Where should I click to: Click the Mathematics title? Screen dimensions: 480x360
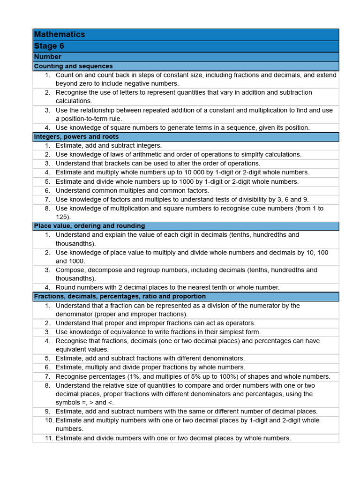pyautogui.click(x=60, y=34)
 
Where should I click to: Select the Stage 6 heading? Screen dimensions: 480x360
pyautogui.click(x=49, y=46)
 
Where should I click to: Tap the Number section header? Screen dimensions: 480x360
pyautogui.click(x=48, y=57)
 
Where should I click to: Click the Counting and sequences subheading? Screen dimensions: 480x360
pyautogui.click(x=73, y=66)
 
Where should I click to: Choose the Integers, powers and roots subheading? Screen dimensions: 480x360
pyautogui.click(x=76, y=136)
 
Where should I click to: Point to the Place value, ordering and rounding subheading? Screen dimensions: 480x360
pyautogui.click(x=89, y=226)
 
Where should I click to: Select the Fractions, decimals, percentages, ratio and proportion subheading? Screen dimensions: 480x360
pyautogui.click(x=120, y=296)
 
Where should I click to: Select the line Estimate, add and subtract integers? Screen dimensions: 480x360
pyautogui.click(x=109, y=146)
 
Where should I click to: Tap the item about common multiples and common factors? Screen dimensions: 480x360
pyautogui.click(x=132, y=190)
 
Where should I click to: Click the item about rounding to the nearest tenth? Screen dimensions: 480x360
pyautogui.click(x=167, y=287)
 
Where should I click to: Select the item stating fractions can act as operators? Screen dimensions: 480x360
pyautogui.click(x=155, y=323)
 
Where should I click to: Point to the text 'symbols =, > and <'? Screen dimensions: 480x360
pyautogui.click(x=85, y=403)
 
